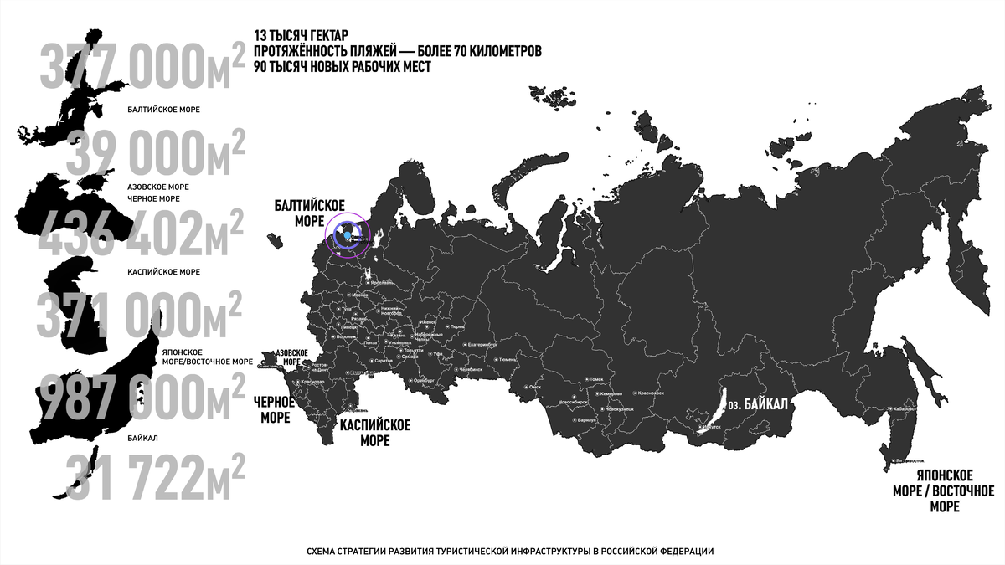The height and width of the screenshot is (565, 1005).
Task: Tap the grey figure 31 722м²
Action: (155, 477)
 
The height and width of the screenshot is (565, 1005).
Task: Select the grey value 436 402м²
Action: (142, 234)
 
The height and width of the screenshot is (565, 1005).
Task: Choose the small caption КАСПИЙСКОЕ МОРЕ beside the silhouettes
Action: (163, 272)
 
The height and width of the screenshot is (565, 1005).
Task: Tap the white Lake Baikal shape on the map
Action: (714, 409)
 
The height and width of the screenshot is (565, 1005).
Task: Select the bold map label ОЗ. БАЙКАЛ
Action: (758, 404)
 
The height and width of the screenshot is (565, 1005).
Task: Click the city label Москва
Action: (360, 295)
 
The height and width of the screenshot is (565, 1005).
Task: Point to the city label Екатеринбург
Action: (482, 344)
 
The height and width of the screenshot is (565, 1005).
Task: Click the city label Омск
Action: (536, 387)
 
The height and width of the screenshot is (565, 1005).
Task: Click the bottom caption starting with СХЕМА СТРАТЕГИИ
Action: (510, 551)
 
